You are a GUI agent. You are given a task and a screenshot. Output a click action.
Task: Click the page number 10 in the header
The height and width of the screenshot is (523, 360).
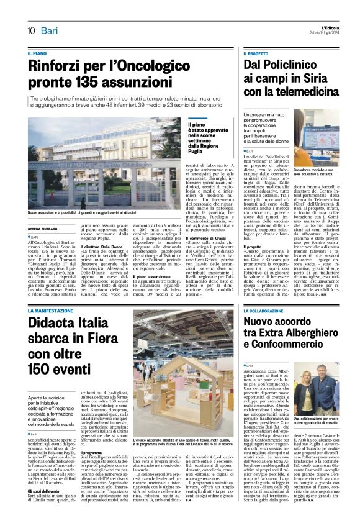point(30,30)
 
